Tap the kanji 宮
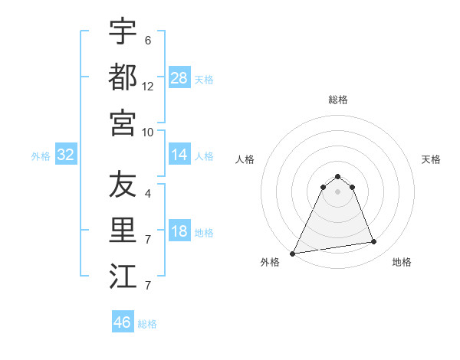[123, 123]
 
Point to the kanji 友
[123, 185]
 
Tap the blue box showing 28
[179, 77]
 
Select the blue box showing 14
[179, 155]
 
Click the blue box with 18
[179, 232]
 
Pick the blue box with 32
[66, 155]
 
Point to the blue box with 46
[123, 322]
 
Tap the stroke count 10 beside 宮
[148, 132]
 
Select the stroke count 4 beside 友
[148, 194]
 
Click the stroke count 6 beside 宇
[148, 39]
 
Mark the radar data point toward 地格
[374, 242]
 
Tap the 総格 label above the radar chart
[338, 100]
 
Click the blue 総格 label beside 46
[148, 324]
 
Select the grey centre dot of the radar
[338, 191]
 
